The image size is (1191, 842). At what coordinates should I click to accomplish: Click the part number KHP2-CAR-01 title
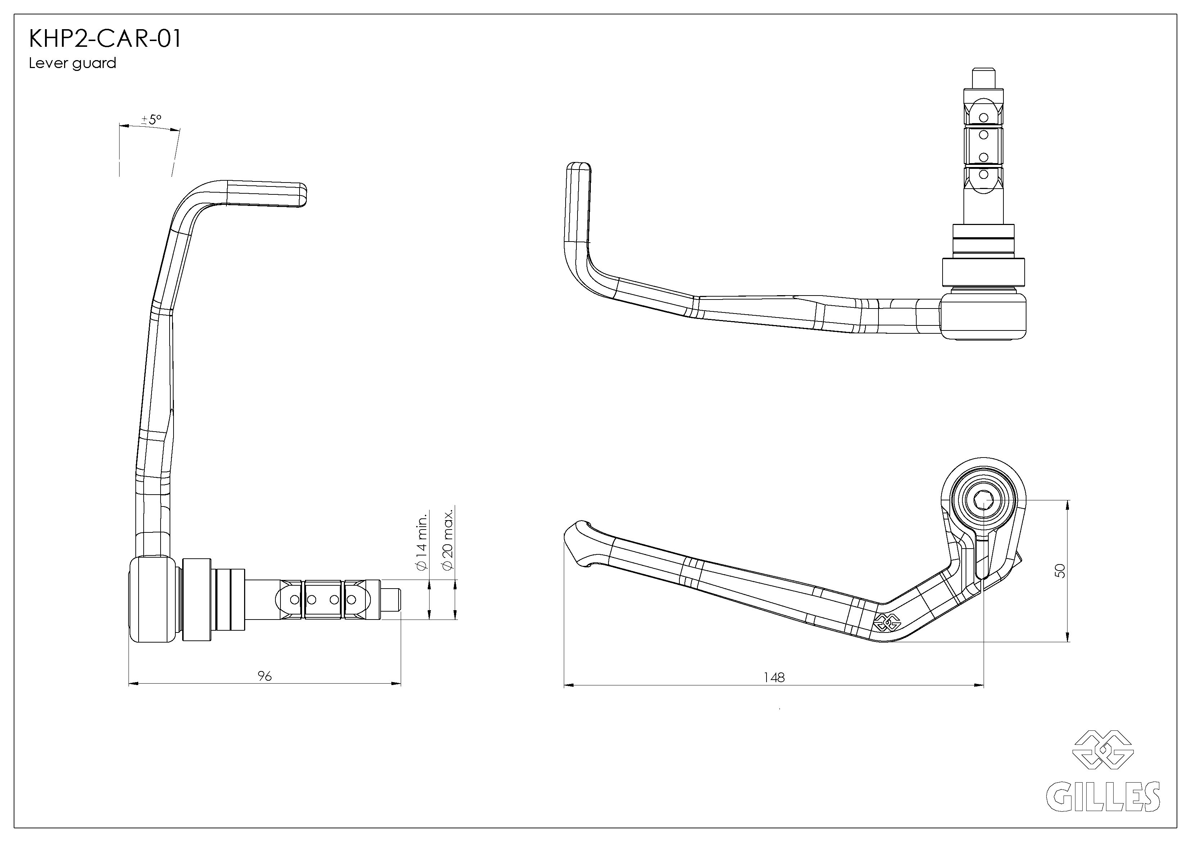click(105, 39)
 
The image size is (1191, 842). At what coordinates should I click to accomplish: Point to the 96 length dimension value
click(265, 676)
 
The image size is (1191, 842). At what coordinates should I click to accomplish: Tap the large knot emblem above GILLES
click(1102, 749)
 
